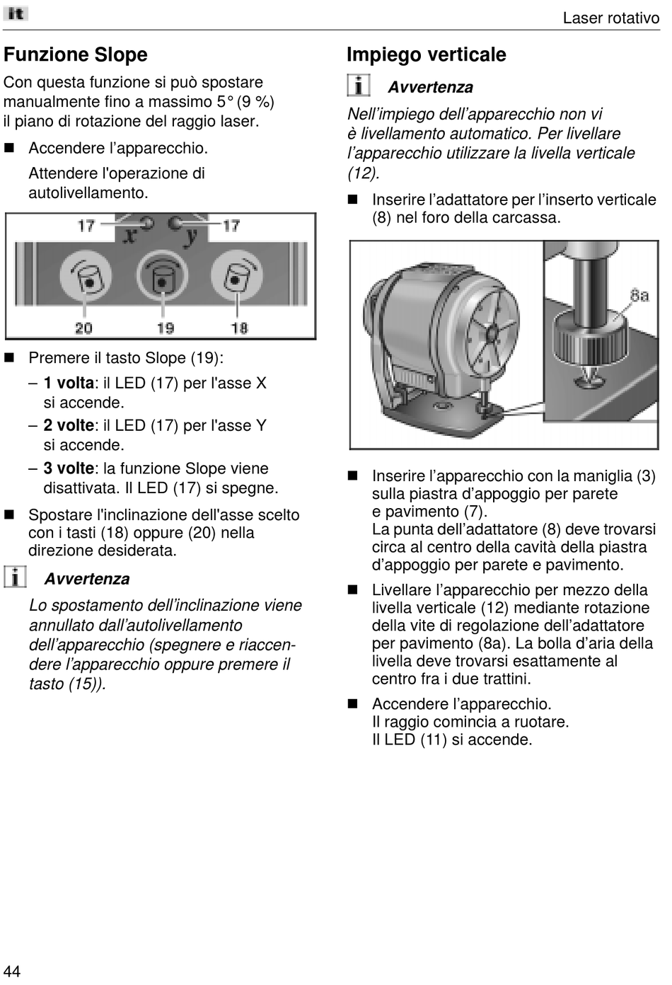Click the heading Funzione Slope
[x=76, y=54]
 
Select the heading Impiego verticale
[x=426, y=54]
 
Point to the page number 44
[x=12, y=970]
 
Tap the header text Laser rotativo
[x=610, y=18]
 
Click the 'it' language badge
[x=16, y=13]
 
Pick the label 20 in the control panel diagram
[x=84, y=328]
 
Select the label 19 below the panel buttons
[x=165, y=328]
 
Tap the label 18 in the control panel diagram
[x=239, y=328]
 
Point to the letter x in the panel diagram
[x=129, y=235]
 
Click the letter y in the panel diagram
[x=190, y=236]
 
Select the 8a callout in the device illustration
[x=639, y=295]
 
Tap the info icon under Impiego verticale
[x=359, y=86]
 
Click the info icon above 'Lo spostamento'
[x=15, y=577]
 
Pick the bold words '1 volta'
[x=69, y=383]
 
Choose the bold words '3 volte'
[x=69, y=468]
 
